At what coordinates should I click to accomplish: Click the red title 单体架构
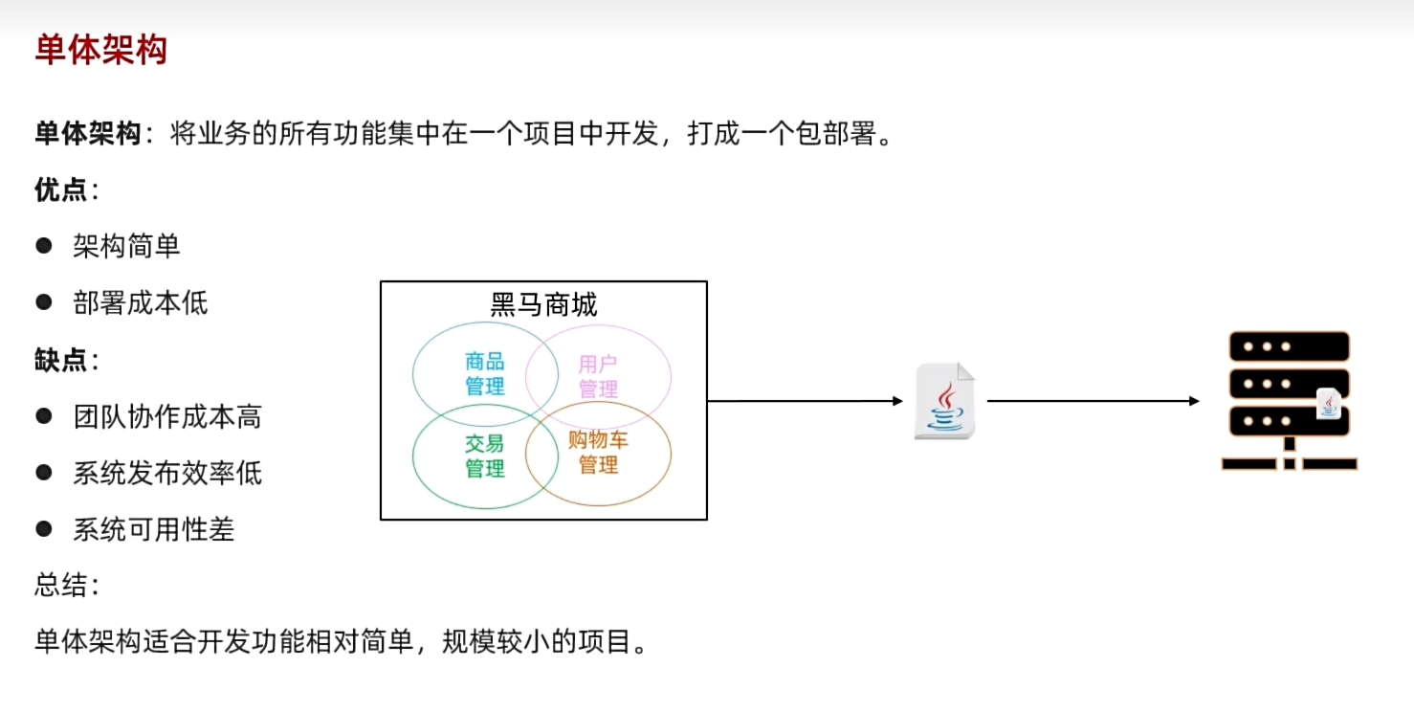[101, 50]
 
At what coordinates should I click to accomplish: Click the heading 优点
[61, 190]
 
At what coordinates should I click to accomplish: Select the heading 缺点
[61, 361]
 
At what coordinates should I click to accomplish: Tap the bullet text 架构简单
[126, 247]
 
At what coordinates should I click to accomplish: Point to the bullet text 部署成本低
[140, 303]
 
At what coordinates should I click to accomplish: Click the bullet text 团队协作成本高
[167, 417]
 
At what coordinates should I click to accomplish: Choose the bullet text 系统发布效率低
[167, 474]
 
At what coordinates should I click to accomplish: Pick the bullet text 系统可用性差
[154, 530]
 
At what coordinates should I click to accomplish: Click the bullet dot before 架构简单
[43, 246]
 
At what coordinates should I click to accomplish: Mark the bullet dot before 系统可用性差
[43, 528]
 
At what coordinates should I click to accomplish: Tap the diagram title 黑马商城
[543, 305]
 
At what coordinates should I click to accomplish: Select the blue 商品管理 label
[485, 374]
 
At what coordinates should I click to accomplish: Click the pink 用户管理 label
[598, 376]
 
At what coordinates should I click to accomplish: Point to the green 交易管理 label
[485, 456]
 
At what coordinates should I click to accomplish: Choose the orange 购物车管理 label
[598, 453]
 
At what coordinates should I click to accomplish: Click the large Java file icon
[944, 401]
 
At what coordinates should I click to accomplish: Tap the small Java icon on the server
[1328, 404]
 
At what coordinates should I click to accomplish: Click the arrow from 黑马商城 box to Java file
[804, 401]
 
